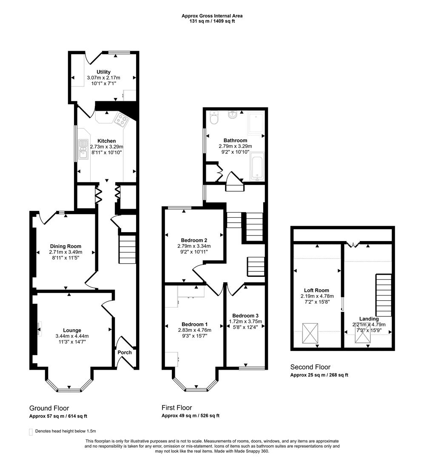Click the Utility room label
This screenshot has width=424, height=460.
103,72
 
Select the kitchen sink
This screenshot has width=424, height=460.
83,149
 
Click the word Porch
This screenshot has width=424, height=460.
125,352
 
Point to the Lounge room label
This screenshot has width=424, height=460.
72,330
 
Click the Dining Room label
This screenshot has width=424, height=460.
65,246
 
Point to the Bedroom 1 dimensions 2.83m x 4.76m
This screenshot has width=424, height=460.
194,329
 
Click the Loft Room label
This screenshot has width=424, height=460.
316,290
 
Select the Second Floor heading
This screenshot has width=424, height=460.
310,367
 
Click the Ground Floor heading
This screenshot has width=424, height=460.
49,408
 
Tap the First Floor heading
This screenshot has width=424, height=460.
176,408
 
